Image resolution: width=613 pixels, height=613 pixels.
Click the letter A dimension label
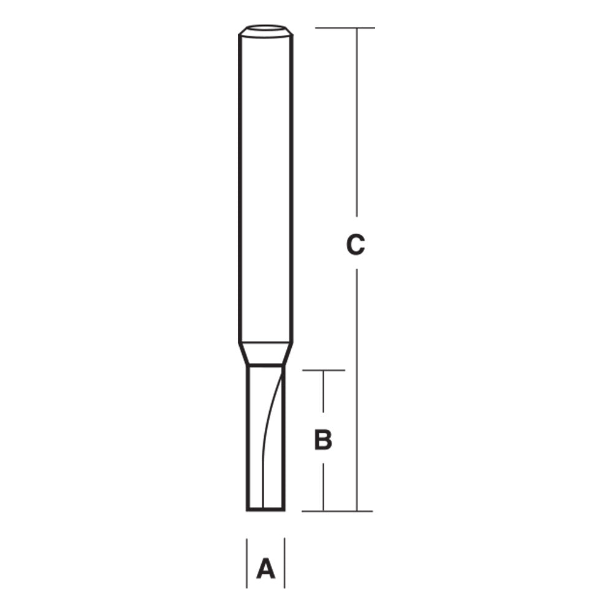click(265, 569)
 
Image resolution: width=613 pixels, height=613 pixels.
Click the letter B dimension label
click(323, 440)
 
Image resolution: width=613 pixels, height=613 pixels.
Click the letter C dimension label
click(356, 245)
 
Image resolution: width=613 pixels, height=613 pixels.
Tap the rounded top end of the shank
click(265, 31)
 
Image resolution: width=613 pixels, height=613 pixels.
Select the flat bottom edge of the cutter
click(265, 509)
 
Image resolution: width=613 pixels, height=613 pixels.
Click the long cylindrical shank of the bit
click(265, 184)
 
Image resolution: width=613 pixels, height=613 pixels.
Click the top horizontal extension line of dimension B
click(324, 370)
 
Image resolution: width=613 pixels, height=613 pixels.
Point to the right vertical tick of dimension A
click(284, 563)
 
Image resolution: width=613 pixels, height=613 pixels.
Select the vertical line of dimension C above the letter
click(357, 123)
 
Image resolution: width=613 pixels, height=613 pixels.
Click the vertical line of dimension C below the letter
click(357, 386)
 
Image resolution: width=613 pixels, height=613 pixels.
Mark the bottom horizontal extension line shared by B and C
click(337, 511)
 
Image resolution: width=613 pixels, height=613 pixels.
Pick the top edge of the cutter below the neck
click(265, 366)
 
